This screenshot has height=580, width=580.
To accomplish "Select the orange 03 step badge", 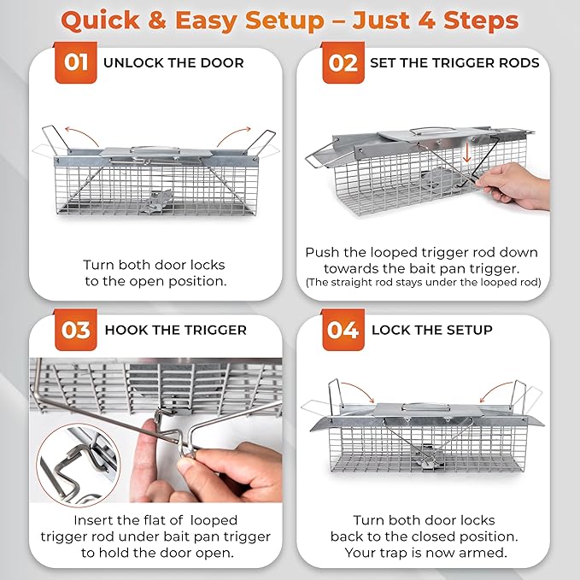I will (76, 331).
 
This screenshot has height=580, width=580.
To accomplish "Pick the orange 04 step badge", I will (343, 331).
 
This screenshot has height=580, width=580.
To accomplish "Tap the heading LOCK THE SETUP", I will (431, 330).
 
